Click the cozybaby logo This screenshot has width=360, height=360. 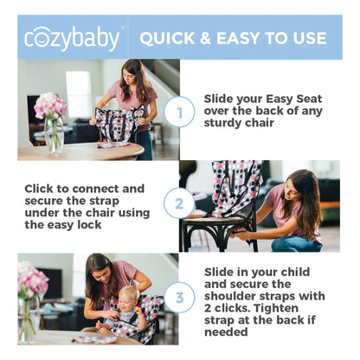point(73,37)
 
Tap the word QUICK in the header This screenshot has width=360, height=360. point(170,38)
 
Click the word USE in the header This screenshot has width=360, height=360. point(308,38)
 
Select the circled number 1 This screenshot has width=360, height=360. point(179,111)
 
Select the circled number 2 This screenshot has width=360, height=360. point(179,204)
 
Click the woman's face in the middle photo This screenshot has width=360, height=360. point(294,186)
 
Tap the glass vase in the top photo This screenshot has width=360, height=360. point(55,136)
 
